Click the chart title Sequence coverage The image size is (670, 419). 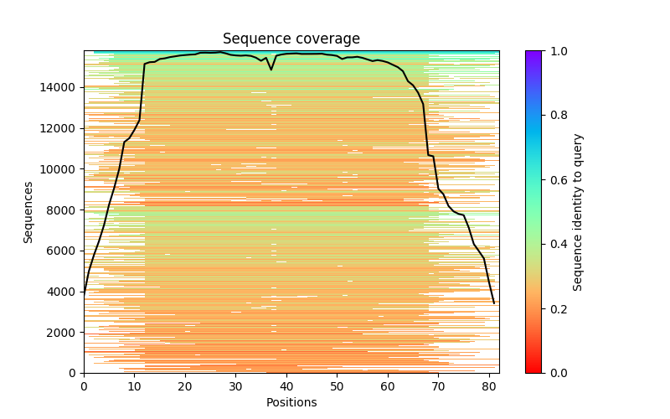pos(291,39)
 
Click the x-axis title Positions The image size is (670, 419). pos(291,402)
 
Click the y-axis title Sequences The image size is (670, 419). pos(28,212)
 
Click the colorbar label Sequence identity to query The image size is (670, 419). pos(578,212)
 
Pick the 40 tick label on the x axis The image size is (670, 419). pos(286,385)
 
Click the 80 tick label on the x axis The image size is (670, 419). pos(489,385)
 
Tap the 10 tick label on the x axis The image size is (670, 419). pos(134,385)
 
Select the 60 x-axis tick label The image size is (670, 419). pos(388,385)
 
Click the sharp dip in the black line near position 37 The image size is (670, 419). pos(271,70)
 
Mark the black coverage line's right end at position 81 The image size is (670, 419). pos(494,303)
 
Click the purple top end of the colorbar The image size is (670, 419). pos(533,53)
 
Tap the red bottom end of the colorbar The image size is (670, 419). pos(533,370)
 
